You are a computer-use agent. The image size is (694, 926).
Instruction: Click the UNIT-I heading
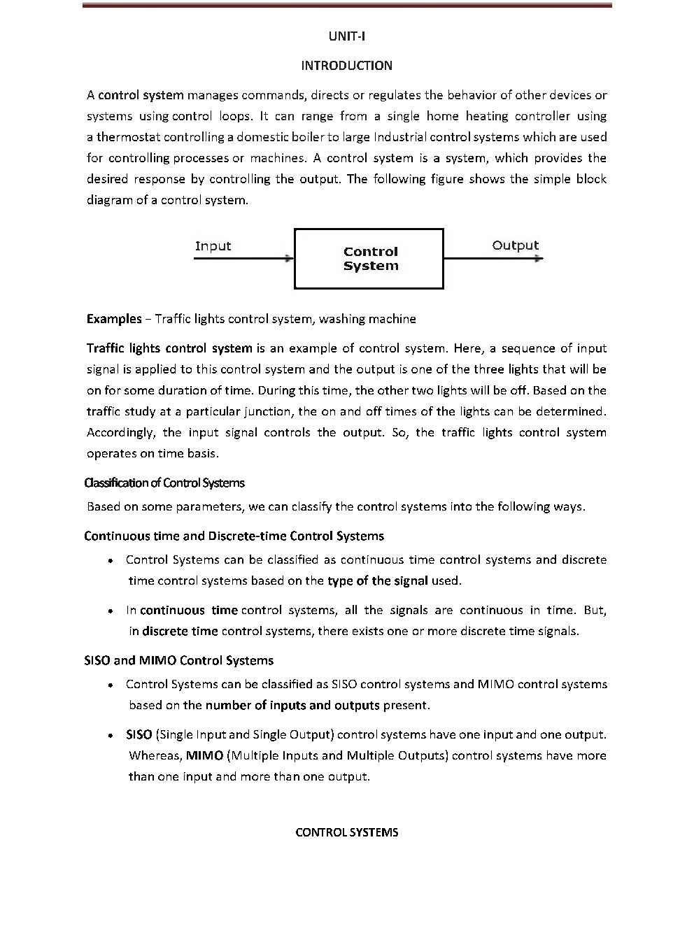tap(346, 36)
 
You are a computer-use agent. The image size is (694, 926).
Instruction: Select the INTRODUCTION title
tap(346, 66)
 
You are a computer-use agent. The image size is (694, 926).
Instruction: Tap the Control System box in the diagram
tap(369, 259)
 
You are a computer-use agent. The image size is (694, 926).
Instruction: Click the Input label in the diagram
tap(213, 246)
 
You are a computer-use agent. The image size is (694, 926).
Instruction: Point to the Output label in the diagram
tap(515, 245)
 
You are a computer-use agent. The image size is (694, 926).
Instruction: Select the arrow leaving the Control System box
tap(493, 259)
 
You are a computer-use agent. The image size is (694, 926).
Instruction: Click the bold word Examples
tap(114, 319)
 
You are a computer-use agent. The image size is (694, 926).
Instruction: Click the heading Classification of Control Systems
tap(164, 483)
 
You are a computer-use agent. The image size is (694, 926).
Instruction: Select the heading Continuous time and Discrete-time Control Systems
tap(234, 536)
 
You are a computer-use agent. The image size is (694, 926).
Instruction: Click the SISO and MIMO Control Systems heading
tap(178, 661)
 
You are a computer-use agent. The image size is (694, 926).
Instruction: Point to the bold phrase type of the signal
tap(377, 581)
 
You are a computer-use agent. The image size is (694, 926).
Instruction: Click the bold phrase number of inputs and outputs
tap(292, 706)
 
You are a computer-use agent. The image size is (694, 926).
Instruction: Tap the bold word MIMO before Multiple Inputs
tap(204, 756)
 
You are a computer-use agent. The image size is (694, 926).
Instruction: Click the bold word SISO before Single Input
tap(139, 735)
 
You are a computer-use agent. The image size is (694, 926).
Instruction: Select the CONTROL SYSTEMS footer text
tap(346, 832)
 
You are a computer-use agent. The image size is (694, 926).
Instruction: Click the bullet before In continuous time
tap(111, 611)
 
